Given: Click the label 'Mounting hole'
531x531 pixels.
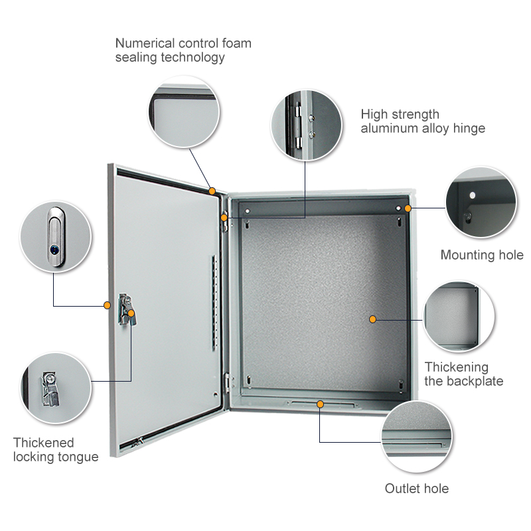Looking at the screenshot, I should click(482, 256).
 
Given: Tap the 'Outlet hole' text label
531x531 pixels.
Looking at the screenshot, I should click(417, 489).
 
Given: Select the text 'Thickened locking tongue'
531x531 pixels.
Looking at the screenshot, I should click(56, 449).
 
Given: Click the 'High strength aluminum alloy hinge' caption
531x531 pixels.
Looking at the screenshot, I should click(423, 121).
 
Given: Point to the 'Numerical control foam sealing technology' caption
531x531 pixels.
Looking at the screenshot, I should click(183, 50).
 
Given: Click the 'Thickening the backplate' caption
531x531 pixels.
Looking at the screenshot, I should click(464, 374).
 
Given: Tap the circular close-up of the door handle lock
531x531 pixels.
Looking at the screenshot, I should click(55, 237).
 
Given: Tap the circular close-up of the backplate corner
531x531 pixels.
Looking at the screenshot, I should click(459, 317).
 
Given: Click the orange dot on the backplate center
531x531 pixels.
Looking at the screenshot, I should click(373, 319).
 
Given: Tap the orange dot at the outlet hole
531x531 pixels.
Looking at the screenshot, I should click(320, 404).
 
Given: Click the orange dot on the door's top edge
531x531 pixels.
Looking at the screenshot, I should click(212, 191).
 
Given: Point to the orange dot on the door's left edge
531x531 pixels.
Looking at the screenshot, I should click(107, 305).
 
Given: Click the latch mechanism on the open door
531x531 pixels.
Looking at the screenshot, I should click(125, 310).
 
